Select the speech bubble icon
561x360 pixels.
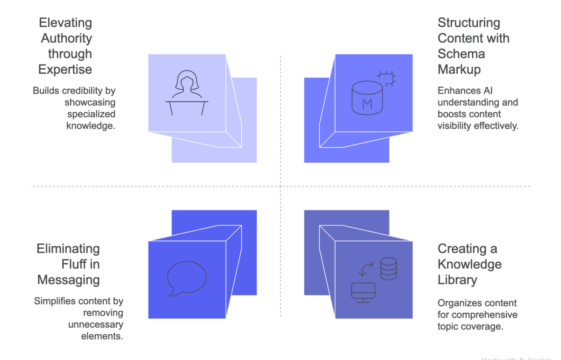pos(187,279)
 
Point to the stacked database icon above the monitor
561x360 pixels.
pos(388,269)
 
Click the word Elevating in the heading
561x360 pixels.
pos(65,23)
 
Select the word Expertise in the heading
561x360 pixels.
pos(65,69)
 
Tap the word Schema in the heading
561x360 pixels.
pos(454,54)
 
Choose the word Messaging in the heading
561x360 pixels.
pos(68,280)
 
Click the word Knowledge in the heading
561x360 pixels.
pos(469,264)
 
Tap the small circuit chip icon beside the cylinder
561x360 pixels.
pos(386,78)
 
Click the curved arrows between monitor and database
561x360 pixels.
pos(366,269)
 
